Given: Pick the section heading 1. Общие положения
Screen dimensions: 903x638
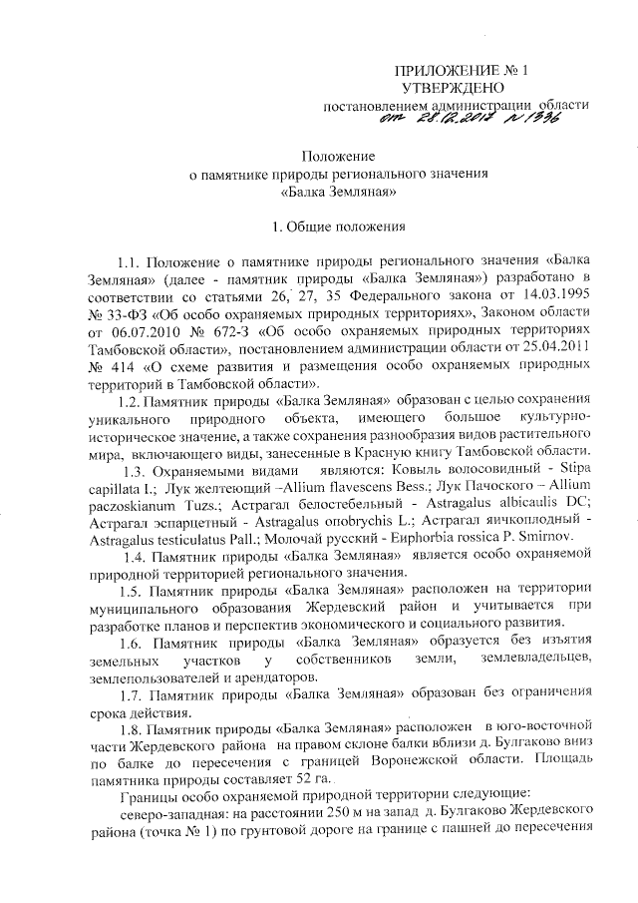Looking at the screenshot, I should click(x=339, y=226).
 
